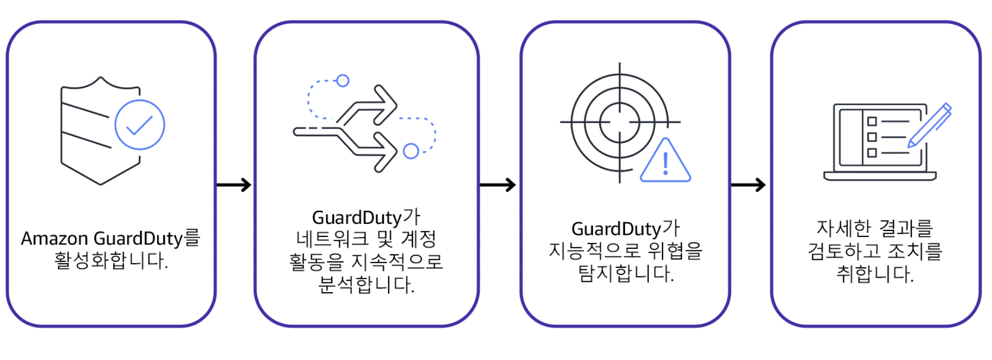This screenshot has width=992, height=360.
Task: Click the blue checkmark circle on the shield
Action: point(140,125)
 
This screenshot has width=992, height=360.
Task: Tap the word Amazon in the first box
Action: point(54,239)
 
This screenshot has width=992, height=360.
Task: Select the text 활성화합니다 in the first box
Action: point(111,261)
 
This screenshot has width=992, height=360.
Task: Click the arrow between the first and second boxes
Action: point(234,185)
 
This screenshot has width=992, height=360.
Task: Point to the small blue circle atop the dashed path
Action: point(343,81)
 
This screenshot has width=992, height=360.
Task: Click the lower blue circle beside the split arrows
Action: point(411,151)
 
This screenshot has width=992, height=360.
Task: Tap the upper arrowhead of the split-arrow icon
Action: point(386,103)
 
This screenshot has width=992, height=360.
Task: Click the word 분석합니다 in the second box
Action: point(366,285)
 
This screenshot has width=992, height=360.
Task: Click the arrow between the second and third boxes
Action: point(498,185)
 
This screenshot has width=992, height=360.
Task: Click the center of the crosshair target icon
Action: point(620,123)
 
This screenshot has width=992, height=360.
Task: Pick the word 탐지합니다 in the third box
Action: point(626,273)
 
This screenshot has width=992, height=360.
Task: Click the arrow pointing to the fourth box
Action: point(749,185)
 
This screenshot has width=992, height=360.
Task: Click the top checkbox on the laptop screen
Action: point(872,121)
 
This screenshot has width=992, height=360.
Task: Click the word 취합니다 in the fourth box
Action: point(875,274)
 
